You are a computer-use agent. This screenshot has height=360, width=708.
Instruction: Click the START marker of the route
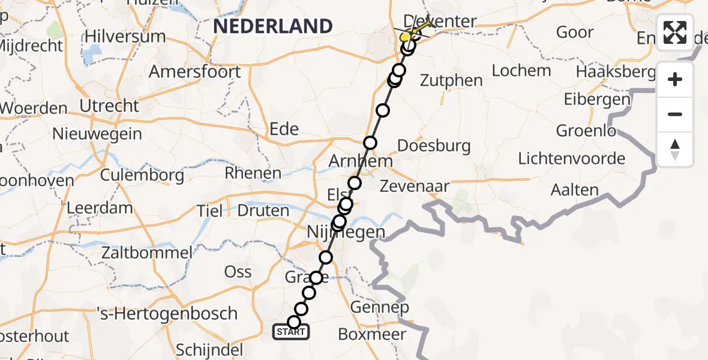pyautogui.click(x=291, y=331)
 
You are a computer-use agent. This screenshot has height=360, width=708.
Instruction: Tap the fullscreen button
pyautogui.click(x=675, y=32)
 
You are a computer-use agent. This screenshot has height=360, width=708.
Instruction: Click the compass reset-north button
pyautogui.click(x=675, y=149)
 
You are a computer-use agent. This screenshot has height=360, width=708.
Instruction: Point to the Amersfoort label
pyautogui.click(x=194, y=72)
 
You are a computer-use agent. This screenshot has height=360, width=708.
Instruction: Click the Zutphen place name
pyautogui.click(x=451, y=80)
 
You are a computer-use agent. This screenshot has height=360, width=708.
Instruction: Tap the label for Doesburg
pyautogui.click(x=434, y=146)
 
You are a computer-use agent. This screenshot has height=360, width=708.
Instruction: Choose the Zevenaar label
pyautogui.click(x=415, y=187)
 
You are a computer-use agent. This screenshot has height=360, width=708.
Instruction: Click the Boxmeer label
pyautogui.click(x=372, y=334)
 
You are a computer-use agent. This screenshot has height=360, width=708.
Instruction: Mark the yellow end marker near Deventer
pyautogui.click(x=405, y=37)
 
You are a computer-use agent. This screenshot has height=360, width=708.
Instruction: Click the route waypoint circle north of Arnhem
pyautogui.click(x=370, y=143)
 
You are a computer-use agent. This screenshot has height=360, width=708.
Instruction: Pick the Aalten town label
pyautogui.click(x=575, y=191)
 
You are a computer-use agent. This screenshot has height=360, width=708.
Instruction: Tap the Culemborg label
pyautogui.click(x=142, y=175)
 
